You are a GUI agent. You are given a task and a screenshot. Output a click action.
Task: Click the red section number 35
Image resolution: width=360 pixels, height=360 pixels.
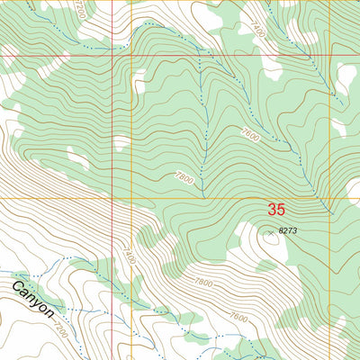pos(276,210)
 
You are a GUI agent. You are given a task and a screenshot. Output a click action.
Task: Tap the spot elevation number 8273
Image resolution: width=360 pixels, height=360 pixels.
pos(288,231)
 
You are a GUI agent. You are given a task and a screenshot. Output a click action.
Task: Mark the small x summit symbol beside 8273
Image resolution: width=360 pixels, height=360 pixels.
pos(268,231)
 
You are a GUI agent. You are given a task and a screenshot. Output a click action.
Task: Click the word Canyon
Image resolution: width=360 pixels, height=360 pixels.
pos(34,301)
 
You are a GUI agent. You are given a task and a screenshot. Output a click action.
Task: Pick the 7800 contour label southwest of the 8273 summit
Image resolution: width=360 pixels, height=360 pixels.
pos(204,285)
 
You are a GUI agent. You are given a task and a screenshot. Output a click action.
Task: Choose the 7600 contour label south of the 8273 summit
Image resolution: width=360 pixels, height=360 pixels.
pos(238,317)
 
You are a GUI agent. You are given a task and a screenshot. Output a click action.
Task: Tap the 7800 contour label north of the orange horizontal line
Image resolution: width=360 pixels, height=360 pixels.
pos(184,179)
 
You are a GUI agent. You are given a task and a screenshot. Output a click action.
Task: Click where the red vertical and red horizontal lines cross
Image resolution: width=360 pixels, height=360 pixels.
pos(112,56)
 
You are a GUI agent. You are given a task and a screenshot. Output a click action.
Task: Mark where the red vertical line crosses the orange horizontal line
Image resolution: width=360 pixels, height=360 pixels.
pos(112,197)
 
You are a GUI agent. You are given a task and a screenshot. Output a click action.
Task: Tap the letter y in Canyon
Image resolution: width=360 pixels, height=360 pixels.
pos(37,303)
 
